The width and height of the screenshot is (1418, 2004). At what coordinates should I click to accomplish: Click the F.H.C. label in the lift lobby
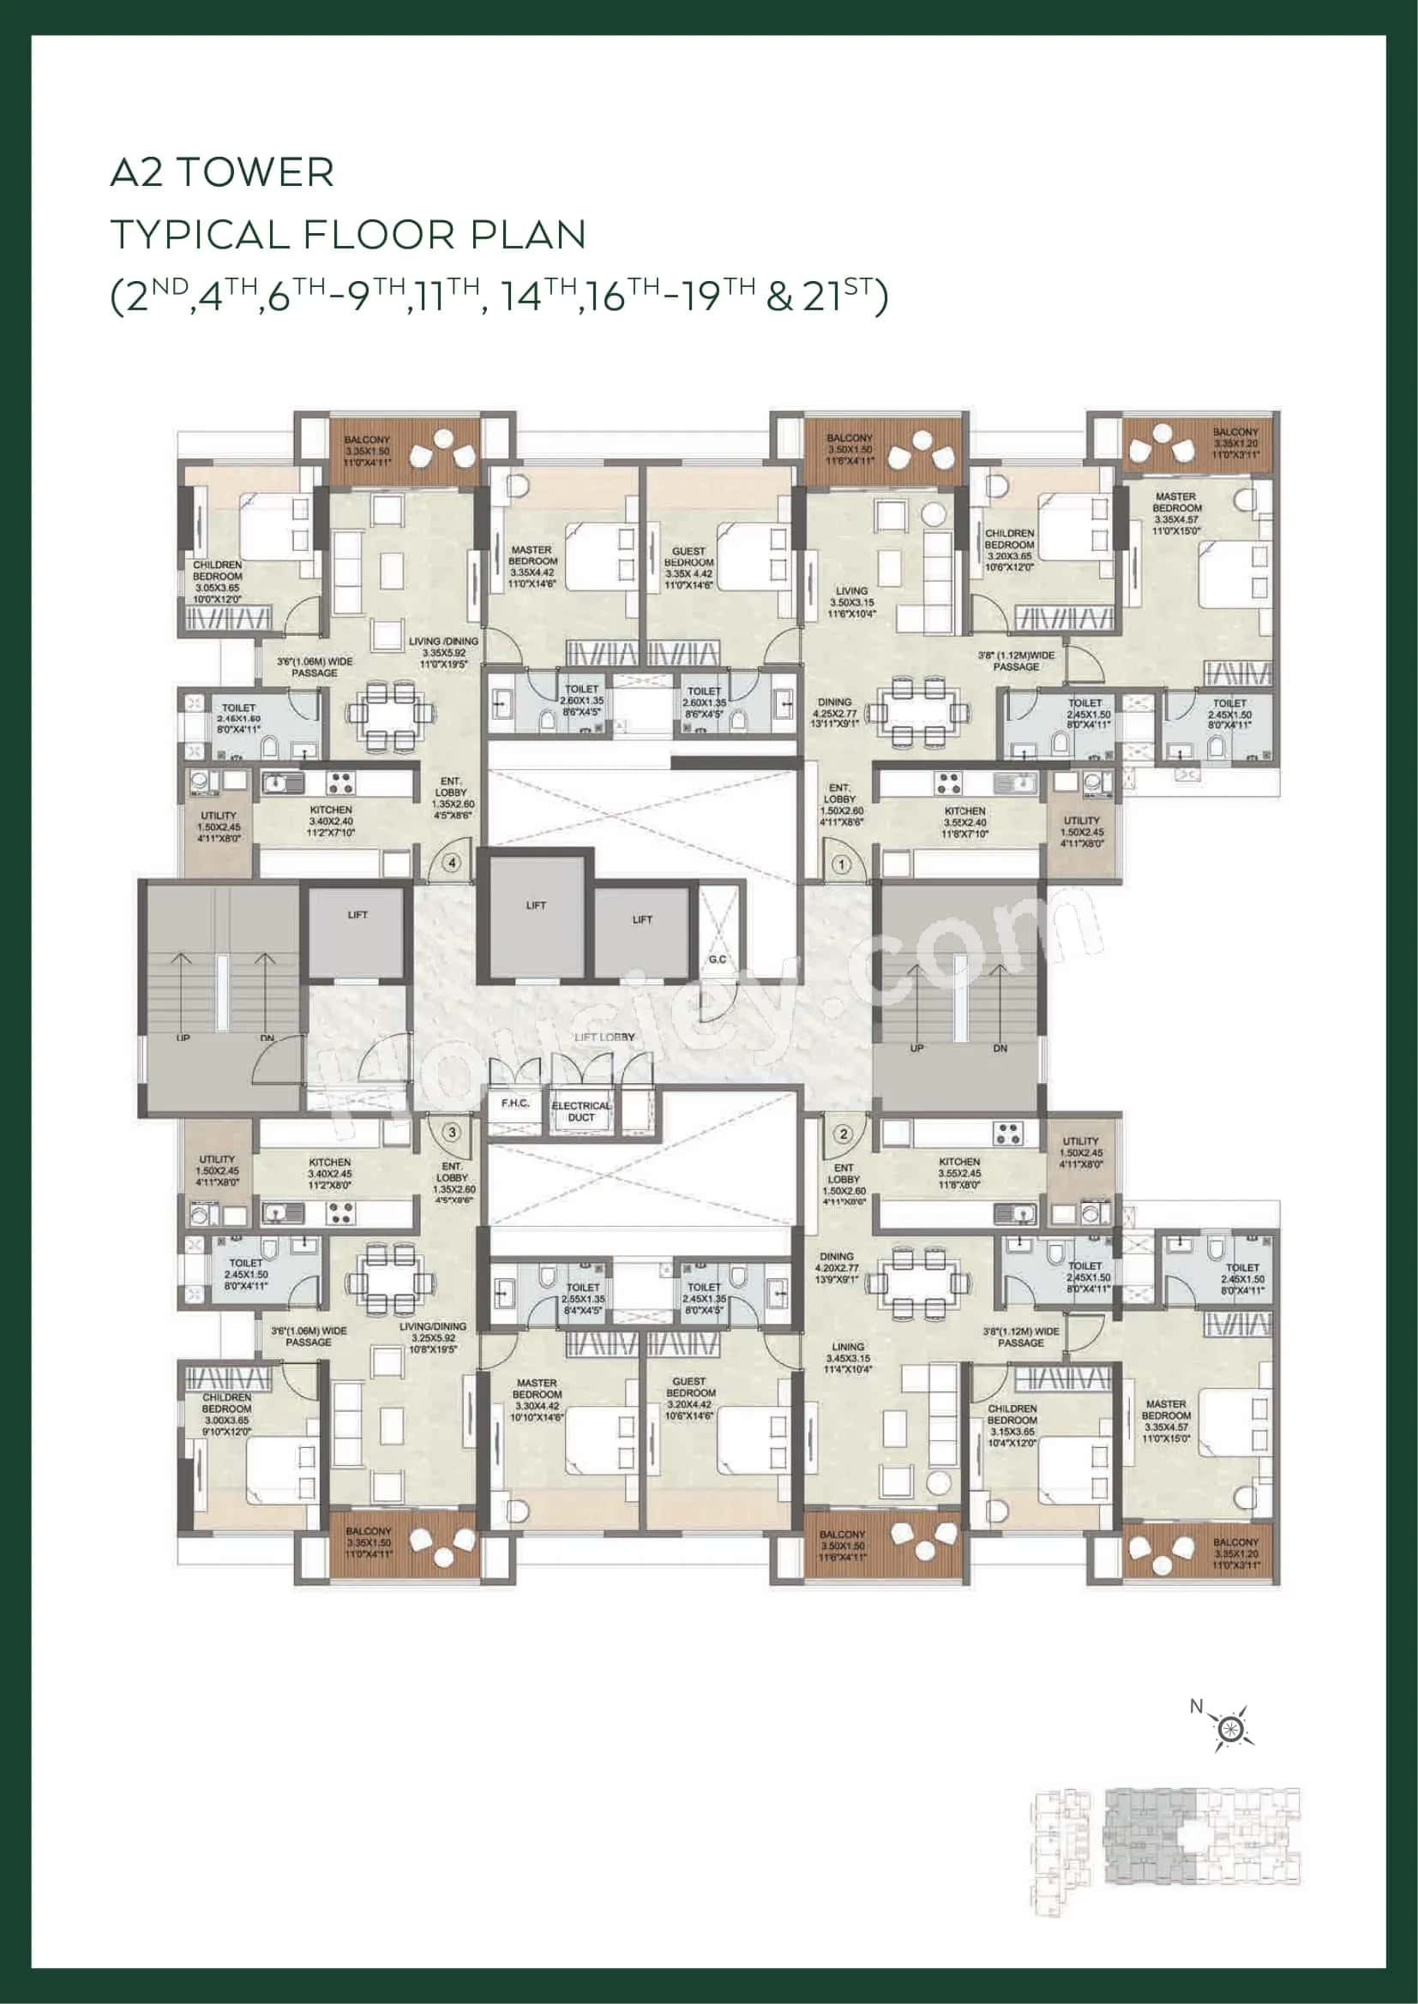[x=515, y=1104]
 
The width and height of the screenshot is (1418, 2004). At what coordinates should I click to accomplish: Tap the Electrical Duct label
[x=581, y=1111]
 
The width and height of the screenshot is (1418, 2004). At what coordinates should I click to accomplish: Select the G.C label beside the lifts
[x=718, y=960]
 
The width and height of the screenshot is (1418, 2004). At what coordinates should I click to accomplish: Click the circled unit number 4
[x=452, y=864]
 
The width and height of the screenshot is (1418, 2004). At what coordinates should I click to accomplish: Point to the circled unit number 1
[x=842, y=865]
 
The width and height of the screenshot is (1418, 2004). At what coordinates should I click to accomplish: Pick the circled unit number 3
[x=452, y=1133]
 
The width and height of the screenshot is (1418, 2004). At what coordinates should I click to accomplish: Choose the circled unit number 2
[x=844, y=1134]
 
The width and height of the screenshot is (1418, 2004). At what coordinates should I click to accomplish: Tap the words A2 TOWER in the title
[x=222, y=173]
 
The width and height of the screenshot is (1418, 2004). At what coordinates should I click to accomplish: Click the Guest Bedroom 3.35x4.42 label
[x=689, y=568]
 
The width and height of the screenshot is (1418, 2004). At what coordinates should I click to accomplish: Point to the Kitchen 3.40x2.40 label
[x=331, y=822]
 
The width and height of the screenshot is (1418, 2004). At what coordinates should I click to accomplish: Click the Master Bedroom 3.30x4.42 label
[x=537, y=1400]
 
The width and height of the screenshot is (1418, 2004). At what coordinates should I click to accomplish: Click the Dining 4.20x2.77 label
[x=837, y=1267]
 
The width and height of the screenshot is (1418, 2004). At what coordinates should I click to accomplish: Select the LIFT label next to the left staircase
[x=358, y=915]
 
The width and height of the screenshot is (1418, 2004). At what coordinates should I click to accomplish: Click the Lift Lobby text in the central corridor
[x=605, y=1037]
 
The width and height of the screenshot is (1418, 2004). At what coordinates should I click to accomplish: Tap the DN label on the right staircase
[x=1000, y=1048]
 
